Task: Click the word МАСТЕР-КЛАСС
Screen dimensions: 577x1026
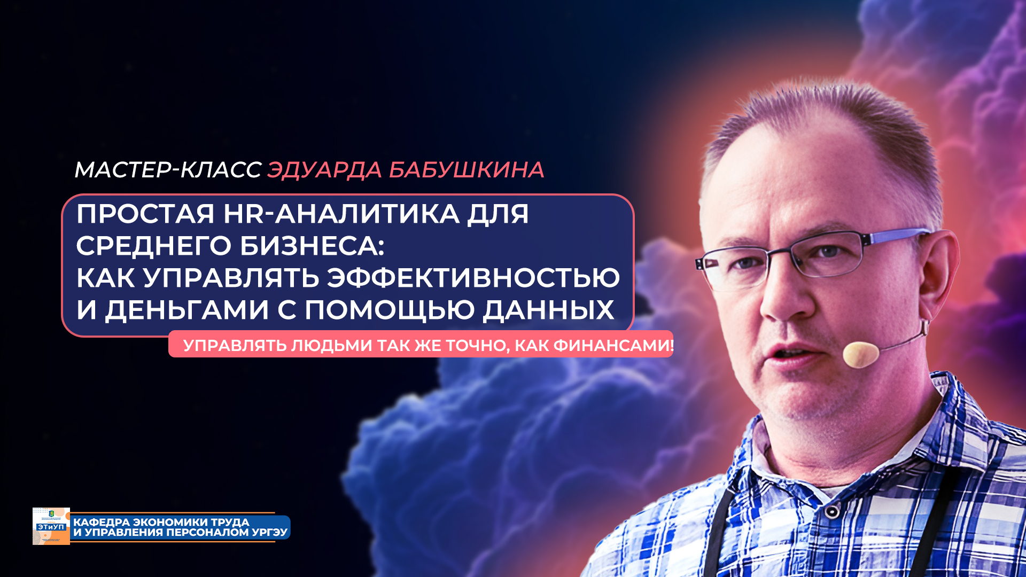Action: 167,170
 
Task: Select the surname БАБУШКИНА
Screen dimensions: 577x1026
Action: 466,170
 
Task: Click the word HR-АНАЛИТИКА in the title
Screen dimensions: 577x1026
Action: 341,214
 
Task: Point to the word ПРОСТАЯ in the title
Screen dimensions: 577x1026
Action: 145,214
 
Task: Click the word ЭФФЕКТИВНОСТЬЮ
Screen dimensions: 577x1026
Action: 473,278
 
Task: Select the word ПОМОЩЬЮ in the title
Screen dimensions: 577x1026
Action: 390,310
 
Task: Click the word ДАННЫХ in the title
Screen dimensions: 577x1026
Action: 548,310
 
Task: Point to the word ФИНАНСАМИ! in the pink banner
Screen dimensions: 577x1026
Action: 613,346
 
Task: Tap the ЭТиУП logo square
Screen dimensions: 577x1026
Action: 51,526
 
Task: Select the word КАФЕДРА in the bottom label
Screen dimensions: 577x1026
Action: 100,522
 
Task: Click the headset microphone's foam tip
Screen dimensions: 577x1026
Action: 860,354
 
